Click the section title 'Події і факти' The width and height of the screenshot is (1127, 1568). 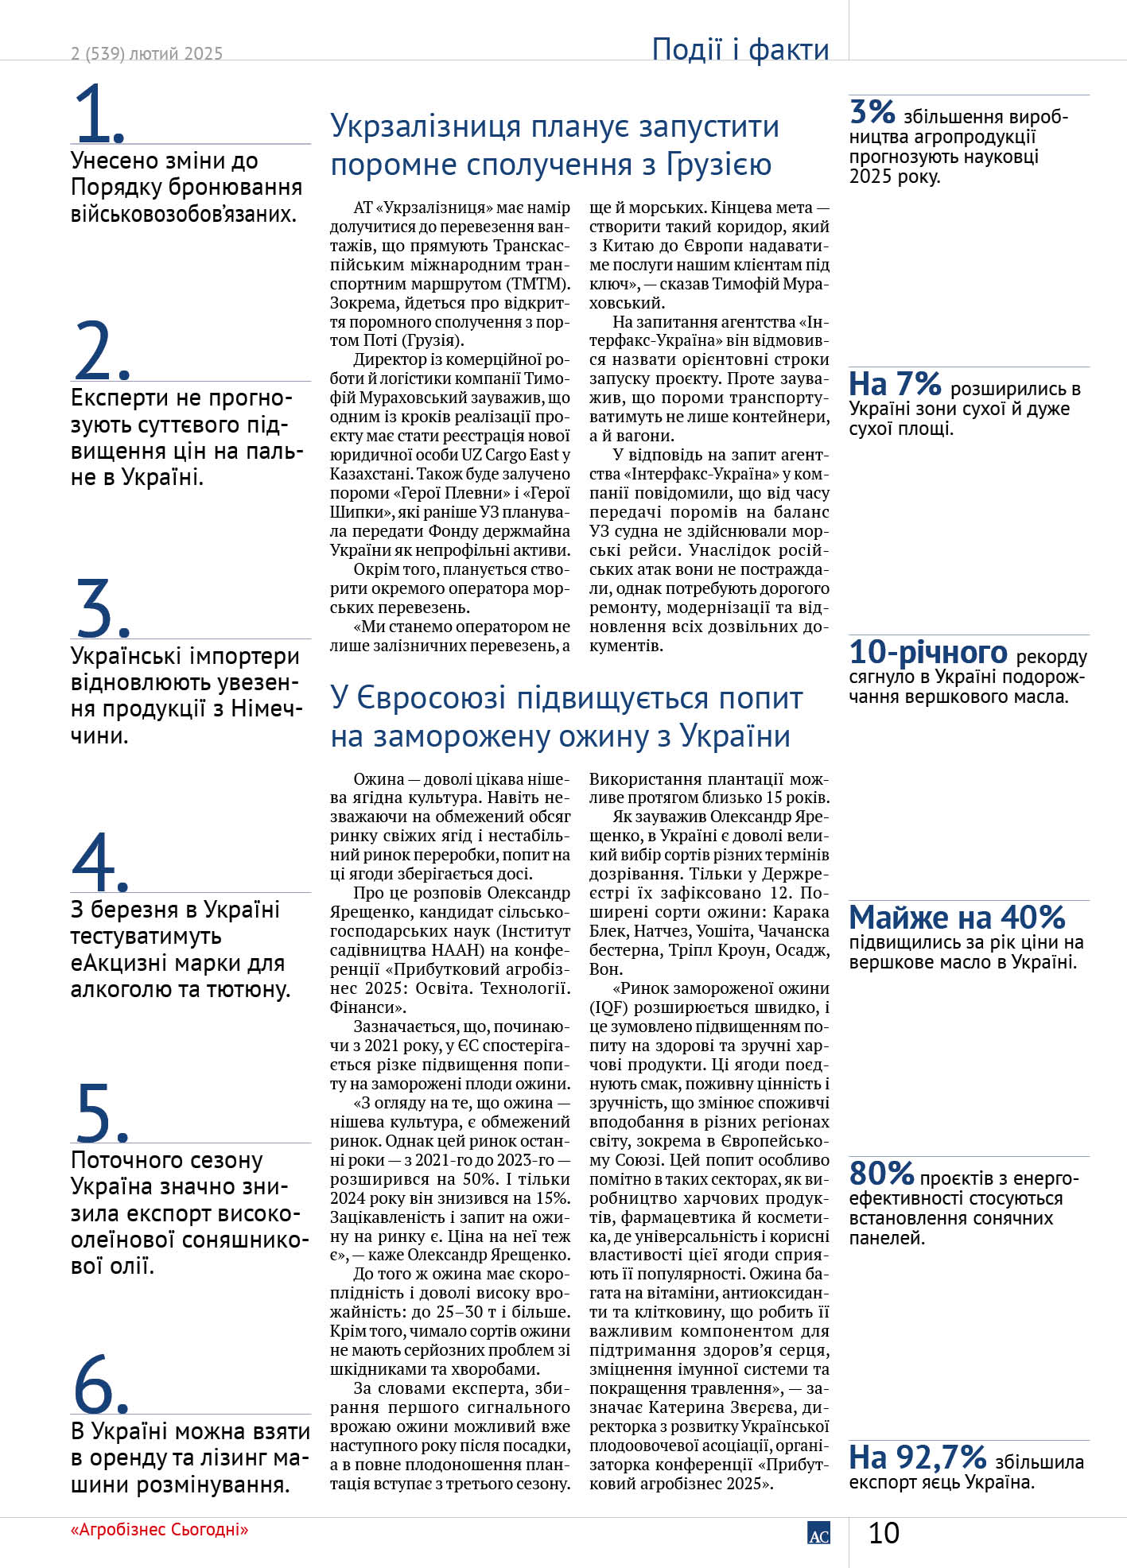pos(740,49)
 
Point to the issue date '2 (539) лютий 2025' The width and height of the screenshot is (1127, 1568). pos(146,53)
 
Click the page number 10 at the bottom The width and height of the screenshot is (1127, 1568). pos(883,1532)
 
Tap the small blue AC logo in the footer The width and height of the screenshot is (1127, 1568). pos(818,1534)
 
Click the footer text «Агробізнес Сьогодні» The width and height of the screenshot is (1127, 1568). pos(159,1529)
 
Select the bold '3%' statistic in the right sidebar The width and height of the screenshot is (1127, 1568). pos(872,112)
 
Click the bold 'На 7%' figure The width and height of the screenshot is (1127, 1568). pos(895,384)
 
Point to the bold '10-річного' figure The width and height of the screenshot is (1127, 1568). pos(927,652)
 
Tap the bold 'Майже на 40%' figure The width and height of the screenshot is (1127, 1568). pos(957,918)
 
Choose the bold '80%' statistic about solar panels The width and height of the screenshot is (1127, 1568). pos(881,1173)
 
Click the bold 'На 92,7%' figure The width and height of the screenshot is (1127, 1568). pos(917,1457)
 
